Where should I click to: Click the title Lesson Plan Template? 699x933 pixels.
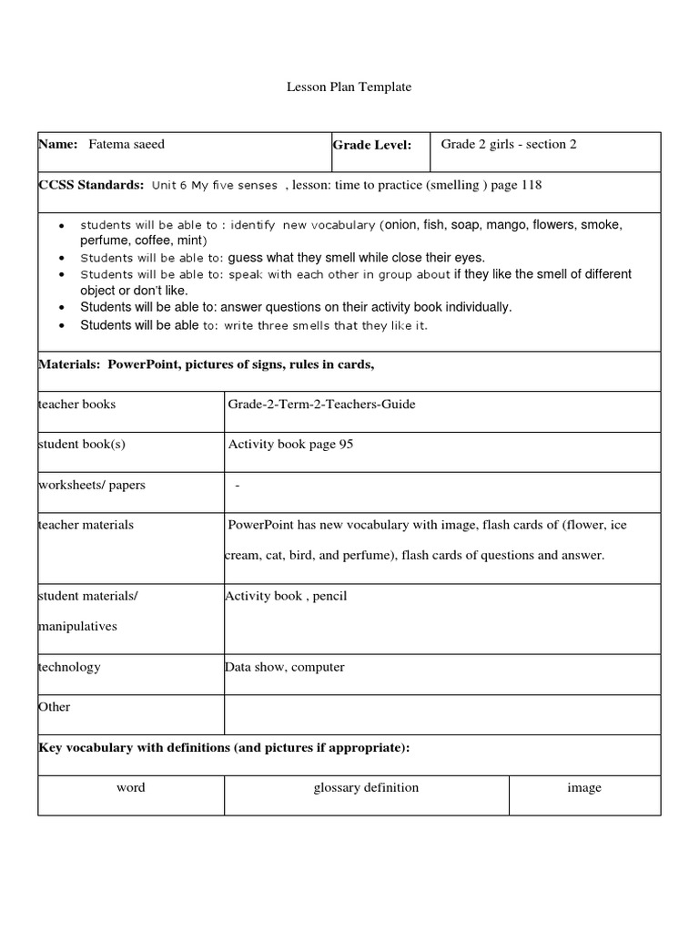[349, 87]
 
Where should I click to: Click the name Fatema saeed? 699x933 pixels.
[127, 144]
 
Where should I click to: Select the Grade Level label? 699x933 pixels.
[371, 145]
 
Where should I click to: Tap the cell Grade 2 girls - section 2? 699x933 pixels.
[509, 144]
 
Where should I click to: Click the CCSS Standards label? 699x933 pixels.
[91, 185]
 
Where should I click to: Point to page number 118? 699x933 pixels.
[531, 185]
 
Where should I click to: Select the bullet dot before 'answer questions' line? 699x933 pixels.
[61, 308]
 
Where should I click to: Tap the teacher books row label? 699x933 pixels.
[76, 405]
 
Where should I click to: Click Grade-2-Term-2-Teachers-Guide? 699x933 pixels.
[321, 405]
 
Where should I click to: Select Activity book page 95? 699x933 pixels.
[290, 445]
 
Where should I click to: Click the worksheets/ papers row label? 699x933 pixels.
[91, 485]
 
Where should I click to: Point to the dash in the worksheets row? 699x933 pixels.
[238, 485]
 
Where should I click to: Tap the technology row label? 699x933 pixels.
[69, 667]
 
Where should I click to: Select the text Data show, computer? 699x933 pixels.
[285, 667]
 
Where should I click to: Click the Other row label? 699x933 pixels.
[54, 707]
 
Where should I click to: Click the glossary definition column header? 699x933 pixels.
[366, 787]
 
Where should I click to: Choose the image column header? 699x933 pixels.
[583, 787]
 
